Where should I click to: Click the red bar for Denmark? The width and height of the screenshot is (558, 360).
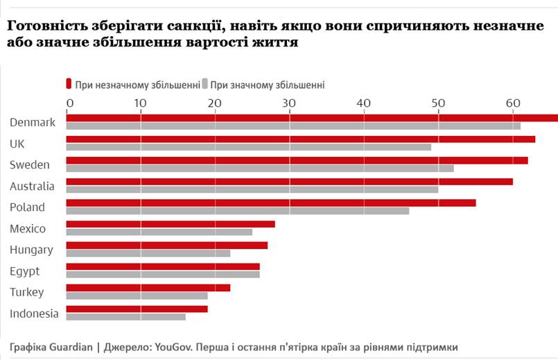tap(312, 118)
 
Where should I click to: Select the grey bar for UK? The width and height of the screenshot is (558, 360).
tap(248, 147)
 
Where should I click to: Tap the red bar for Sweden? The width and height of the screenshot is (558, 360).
tap(297, 160)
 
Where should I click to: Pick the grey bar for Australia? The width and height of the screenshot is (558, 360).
tap(252, 189)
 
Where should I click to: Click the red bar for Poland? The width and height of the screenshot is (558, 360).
tap(270, 203)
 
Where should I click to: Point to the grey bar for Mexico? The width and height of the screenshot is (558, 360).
tap(159, 232)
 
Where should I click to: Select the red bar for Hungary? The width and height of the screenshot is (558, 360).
tap(166, 246)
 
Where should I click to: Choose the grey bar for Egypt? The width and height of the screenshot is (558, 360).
tap(162, 274)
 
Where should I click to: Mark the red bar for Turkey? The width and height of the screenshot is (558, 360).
tap(148, 288)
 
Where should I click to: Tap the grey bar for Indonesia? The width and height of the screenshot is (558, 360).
tap(125, 317)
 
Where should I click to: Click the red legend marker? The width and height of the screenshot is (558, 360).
tap(69, 85)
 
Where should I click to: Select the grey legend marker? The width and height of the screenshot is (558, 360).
tap(204, 85)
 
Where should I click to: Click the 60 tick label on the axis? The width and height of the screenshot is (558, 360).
tap(512, 103)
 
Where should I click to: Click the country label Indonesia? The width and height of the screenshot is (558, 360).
tap(34, 314)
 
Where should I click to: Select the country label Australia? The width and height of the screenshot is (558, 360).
tap(32, 186)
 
